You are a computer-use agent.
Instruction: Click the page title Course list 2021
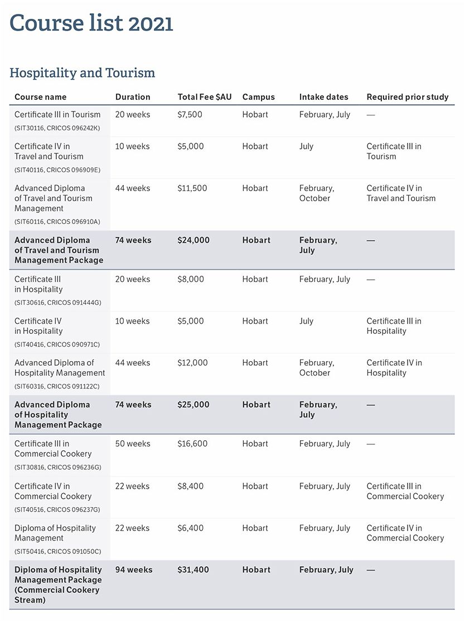point(91,23)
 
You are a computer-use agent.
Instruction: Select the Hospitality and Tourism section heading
point(83,73)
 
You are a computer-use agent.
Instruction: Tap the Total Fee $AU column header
point(204,97)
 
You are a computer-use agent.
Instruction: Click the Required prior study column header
point(408,97)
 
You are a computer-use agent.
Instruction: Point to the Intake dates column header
point(323,97)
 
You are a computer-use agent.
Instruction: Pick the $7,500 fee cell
point(190,115)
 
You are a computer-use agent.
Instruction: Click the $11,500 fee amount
point(192,188)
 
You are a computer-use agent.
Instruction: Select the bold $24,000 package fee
point(193,240)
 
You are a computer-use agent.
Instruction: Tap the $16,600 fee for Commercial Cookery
point(192,444)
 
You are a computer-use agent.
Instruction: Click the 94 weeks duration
point(133,570)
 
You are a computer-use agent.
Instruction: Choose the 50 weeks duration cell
point(133,444)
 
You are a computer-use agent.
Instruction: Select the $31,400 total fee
point(193,570)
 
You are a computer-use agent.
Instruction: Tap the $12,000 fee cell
point(192,363)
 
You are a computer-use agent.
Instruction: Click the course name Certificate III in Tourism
point(57,115)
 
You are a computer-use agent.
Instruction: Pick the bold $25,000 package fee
point(193,405)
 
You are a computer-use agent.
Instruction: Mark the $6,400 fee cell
point(190,528)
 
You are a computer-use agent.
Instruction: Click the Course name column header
point(40,97)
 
